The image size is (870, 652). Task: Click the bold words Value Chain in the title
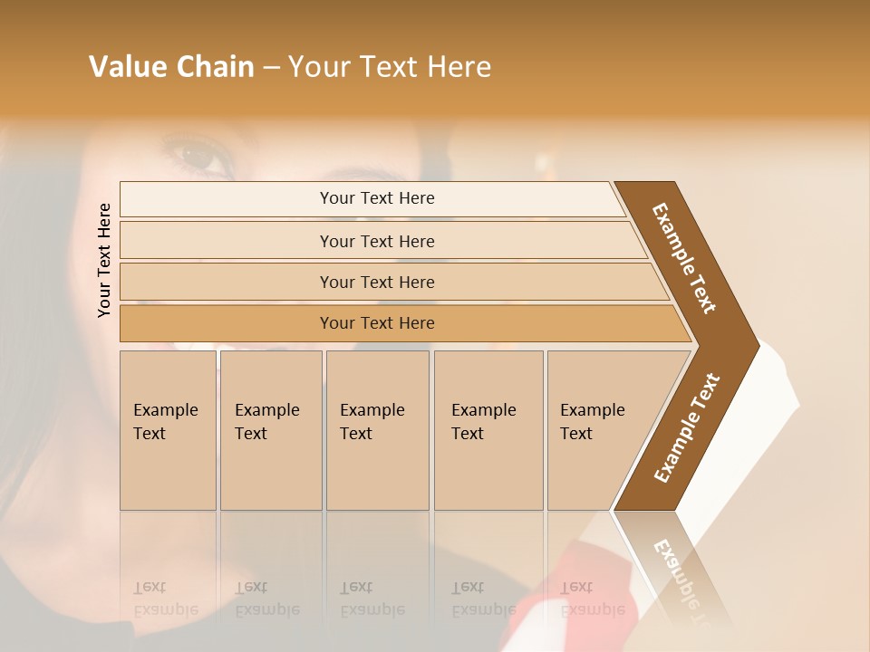point(171,67)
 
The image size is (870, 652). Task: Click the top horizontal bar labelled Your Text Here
point(376,198)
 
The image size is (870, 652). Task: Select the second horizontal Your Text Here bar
point(376,241)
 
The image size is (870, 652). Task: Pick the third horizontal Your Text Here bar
point(376,282)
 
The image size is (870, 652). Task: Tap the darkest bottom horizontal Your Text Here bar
point(376,323)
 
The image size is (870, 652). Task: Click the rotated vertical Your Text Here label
point(104,260)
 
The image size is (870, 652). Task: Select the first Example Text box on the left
point(168,430)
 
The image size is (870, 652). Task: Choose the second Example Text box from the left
point(270,430)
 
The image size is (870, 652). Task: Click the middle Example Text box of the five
point(377,430)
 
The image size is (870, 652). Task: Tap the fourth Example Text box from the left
point(488,430)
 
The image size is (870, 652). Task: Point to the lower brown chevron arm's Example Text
point(687,428)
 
